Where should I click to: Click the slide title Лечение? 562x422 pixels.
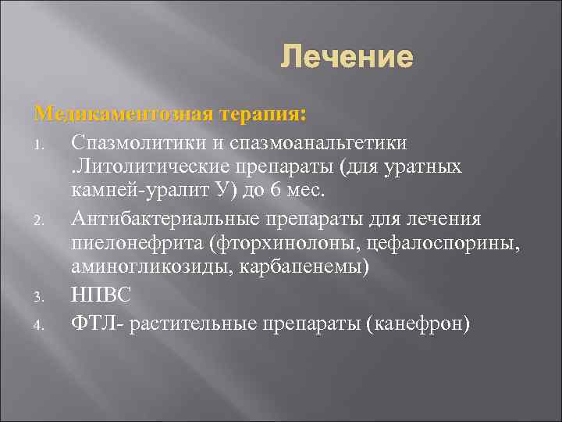(346, 57)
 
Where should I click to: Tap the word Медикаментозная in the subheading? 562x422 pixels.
(123, 114)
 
